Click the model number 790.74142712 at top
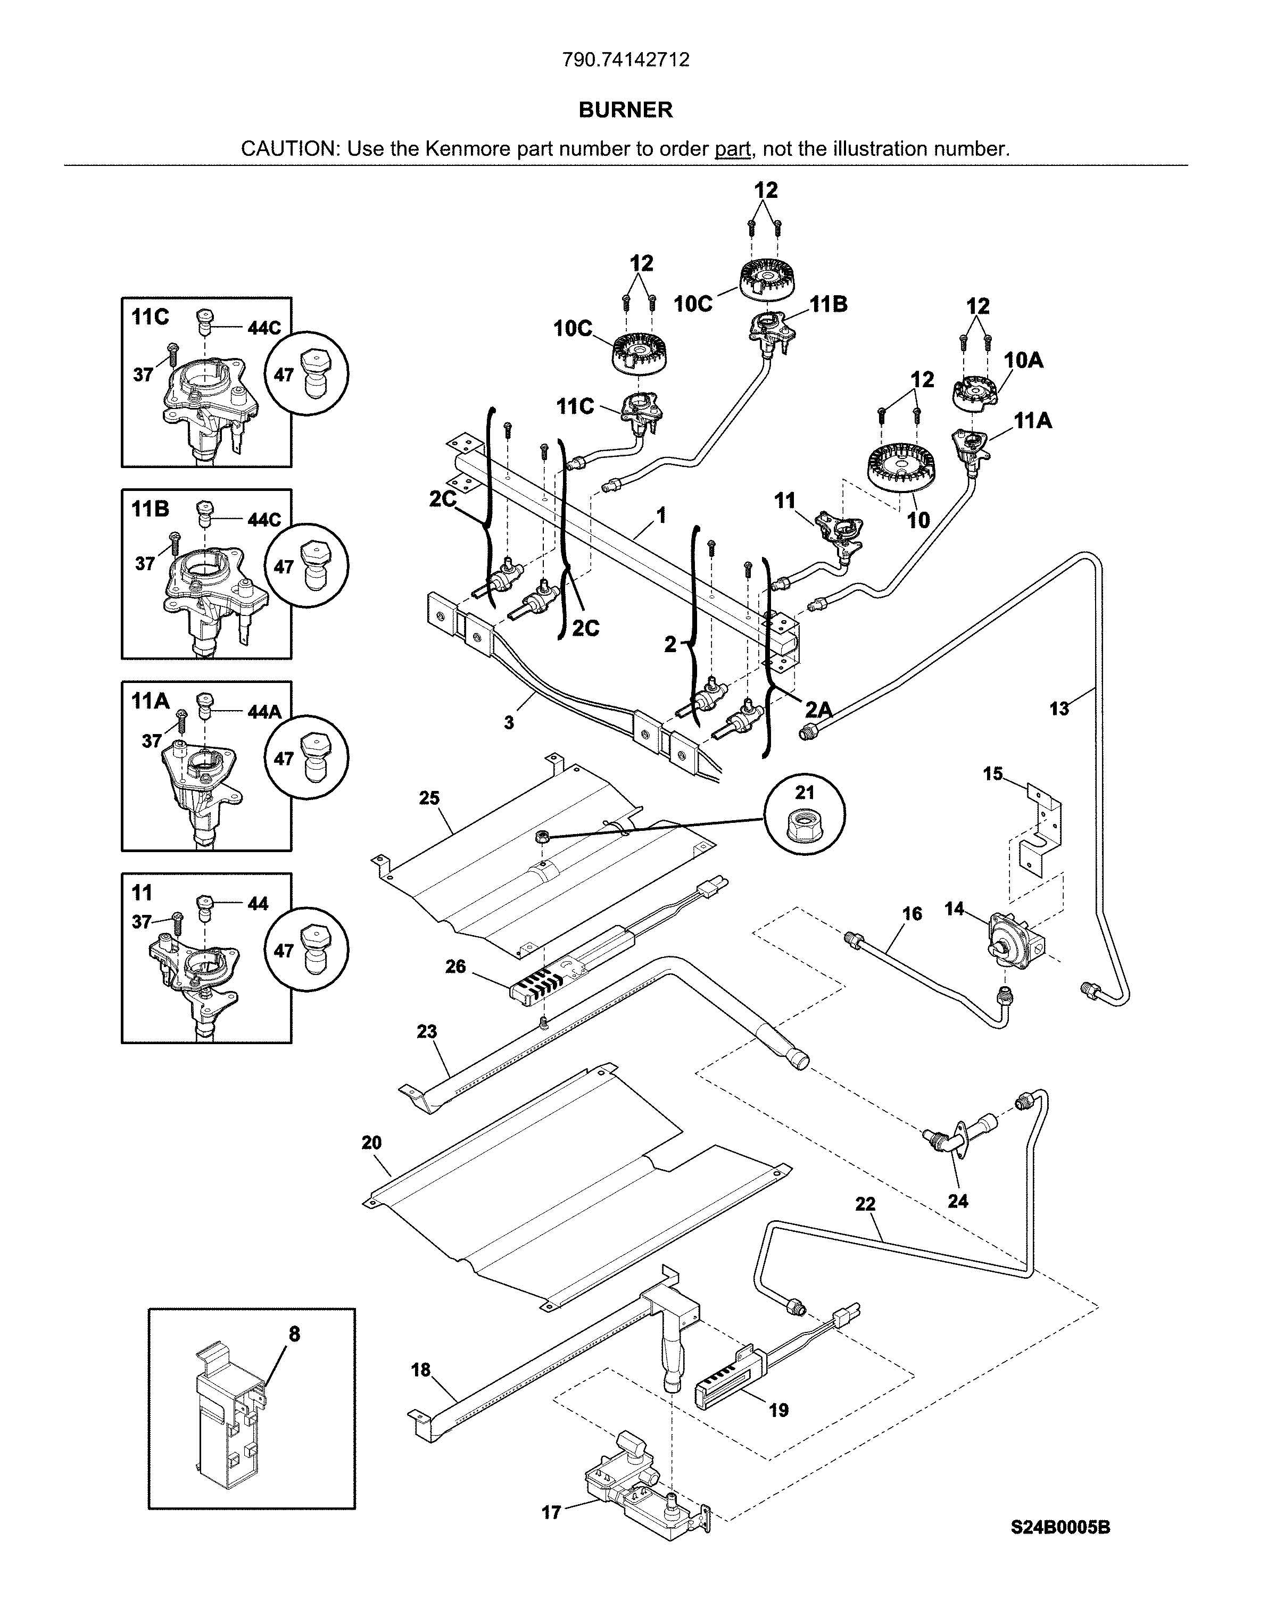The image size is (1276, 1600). point(626,60)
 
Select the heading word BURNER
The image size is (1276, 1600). point(626,110)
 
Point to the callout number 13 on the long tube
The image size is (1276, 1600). point(1059,709)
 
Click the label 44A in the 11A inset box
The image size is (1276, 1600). point(264,712)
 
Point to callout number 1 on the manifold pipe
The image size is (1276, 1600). point(661,514)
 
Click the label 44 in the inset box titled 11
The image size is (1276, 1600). point(258,903)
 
